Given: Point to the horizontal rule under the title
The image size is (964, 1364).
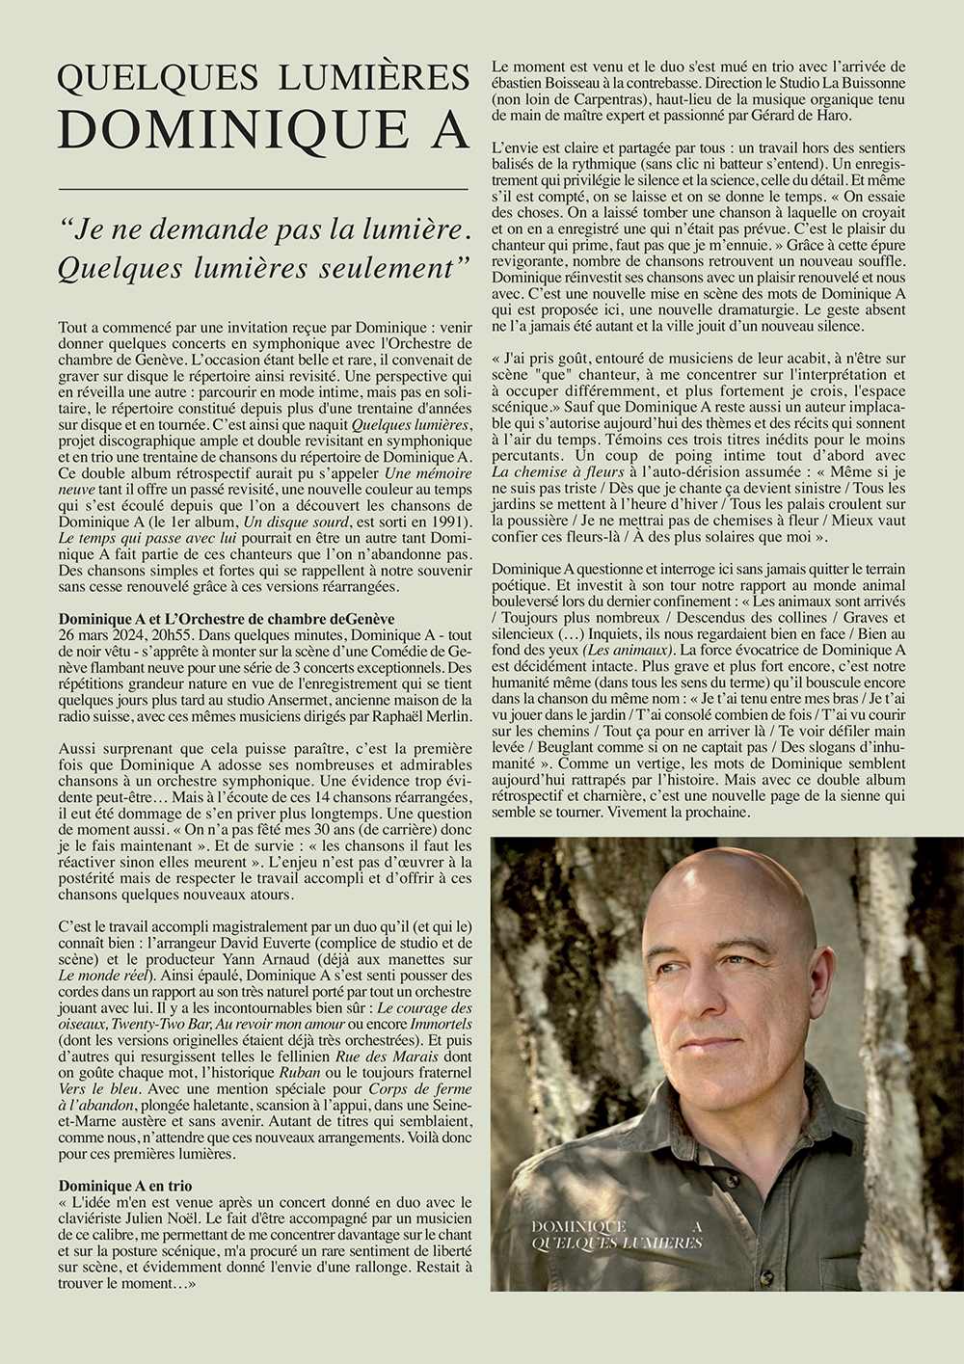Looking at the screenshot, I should (263, 188).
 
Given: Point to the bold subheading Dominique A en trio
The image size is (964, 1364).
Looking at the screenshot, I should (125, 1185).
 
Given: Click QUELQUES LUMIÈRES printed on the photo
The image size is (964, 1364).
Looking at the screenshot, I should (617, 1244).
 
